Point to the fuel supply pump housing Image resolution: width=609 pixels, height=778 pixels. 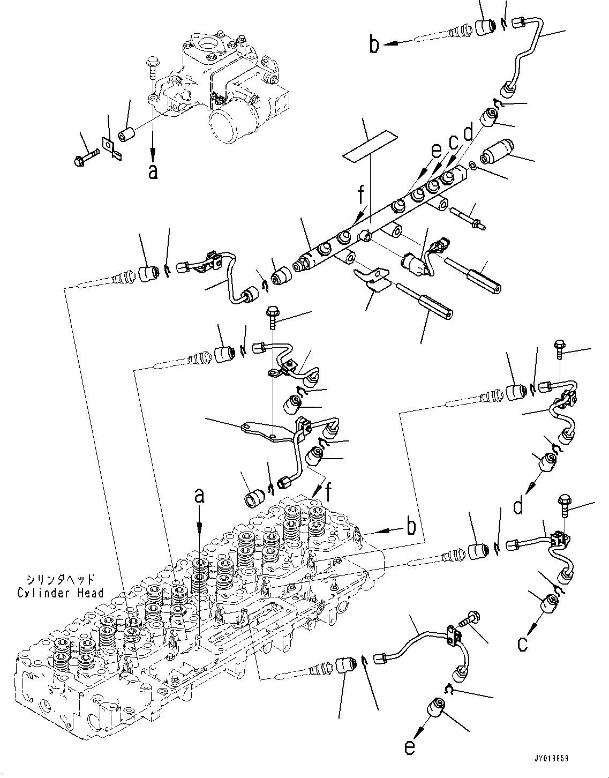pos(225,80)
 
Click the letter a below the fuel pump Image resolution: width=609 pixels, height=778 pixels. pos(153,172)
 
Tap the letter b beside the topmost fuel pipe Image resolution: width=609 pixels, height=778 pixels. pos(374,45)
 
